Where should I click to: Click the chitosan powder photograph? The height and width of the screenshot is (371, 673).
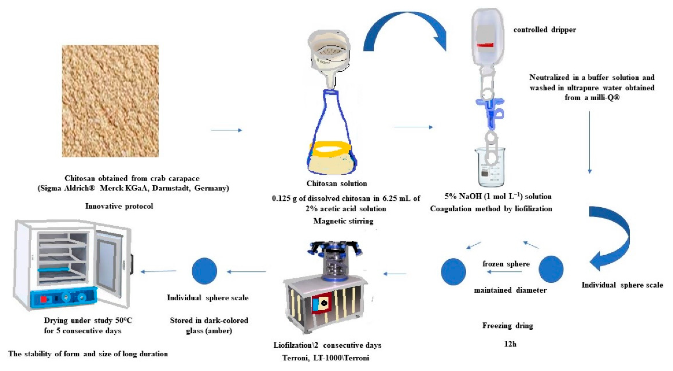pos(110,101)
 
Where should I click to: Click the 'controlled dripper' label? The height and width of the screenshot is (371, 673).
pos(545,30)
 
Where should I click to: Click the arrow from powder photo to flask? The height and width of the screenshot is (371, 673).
pos(227,130)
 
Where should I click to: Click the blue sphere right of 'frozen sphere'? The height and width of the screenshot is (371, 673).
pos(551,269)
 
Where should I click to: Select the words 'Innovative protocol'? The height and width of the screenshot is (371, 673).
pos(119,206)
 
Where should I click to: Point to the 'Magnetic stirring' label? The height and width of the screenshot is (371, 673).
pos(343,221)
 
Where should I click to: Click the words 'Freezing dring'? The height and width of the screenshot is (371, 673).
pos(507,325)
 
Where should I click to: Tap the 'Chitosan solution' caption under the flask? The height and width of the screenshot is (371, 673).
pos(336,183)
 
